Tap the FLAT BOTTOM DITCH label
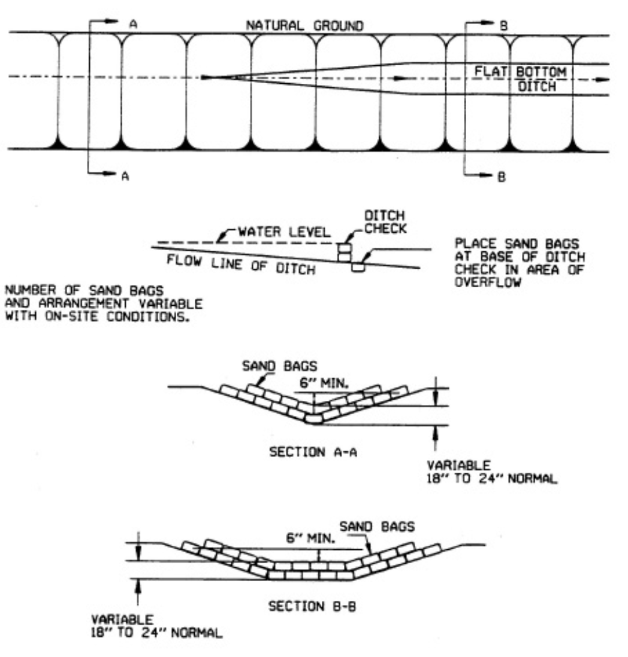pos(520,78)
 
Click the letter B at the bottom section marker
pos(502,178)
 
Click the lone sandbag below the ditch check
pos(358,268)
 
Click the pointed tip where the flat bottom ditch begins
pos(204,77)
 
